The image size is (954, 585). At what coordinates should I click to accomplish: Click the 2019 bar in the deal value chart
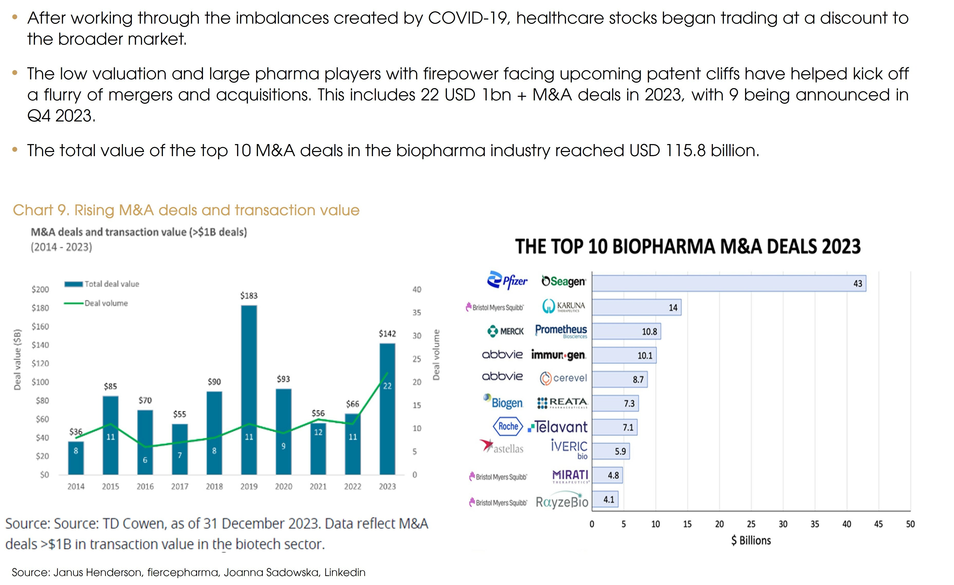point(249,389)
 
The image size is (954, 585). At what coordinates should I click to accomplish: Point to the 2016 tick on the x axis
point(145,486)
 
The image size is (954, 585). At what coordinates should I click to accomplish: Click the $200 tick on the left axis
point(40,289)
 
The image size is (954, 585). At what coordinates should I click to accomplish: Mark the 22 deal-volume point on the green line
point(387,373)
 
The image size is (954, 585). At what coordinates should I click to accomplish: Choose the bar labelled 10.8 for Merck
point(626,332)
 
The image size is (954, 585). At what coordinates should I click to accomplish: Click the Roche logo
point(508,426)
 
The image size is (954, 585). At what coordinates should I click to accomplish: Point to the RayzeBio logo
point(562,502)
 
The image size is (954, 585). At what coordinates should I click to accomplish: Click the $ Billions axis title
point(751,541)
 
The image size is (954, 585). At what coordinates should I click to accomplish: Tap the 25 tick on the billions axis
point(751,524)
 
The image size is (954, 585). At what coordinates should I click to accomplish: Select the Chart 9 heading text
point(186,210)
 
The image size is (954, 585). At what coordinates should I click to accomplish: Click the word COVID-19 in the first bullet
point(467,18)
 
